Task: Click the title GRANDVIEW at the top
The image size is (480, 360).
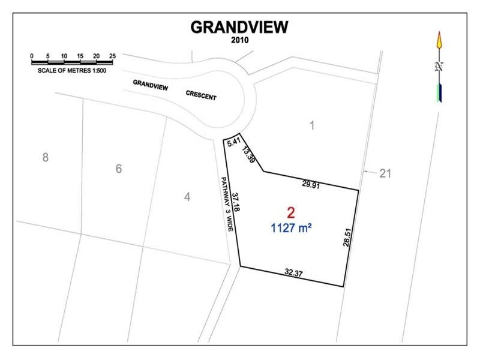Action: pyautogui.click(x=239, y=27)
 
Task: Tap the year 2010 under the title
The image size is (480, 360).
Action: pyautogui.click(x=239, y=41)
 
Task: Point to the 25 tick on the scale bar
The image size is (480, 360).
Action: pyautogui.click(x=112, y=56)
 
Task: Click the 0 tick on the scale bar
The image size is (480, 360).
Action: pyautogui.click(x=32, y=56)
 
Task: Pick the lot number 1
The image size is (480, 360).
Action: pyautogui.click(x=311, y=125)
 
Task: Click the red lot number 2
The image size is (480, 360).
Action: pyautogui.click(x=291, y=212)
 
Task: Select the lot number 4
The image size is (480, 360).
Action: pyautogui.click(x=187, y=196)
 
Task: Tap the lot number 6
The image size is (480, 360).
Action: pyautogui.click(x=118, y=169)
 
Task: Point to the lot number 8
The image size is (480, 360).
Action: pyautogui.click(x=45, y=158)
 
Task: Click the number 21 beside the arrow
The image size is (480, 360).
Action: pyautogui.click(x=385, y=173)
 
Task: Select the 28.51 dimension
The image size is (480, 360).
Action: pyautogui.click(x=347, y=235)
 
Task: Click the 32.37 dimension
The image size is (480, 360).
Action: pyautogui.click(x=293, y=273)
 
